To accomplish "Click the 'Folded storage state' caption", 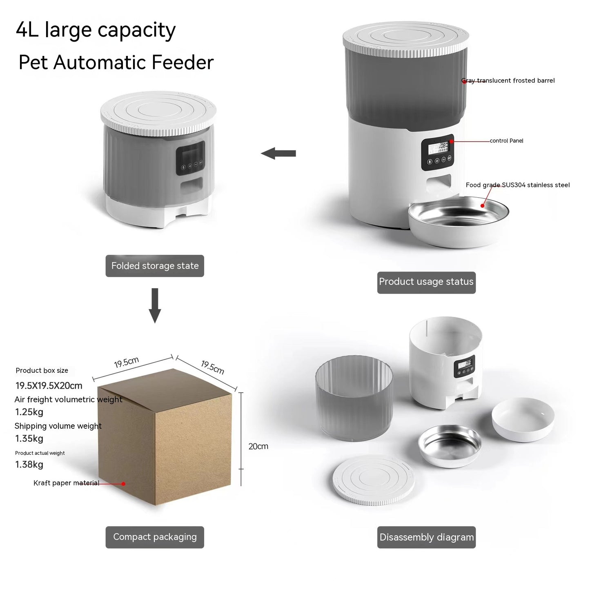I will (x=155, y=266).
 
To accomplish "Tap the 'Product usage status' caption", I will (x=426, y=282).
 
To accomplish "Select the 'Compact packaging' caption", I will (x=155, y=537).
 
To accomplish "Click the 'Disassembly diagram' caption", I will (x=426, y=537).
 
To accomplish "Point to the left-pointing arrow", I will (x=278, y=154).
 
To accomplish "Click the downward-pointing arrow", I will (x=155, y=305).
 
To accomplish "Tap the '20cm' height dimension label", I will (x=258, y=446).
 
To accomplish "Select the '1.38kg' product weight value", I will (x=29, y=465).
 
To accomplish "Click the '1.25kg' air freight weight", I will (x=29, y=412).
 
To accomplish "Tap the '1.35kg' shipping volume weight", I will (x=29, y=439).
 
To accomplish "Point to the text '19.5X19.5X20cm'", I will (x=49, y=385).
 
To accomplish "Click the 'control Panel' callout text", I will (x=506, y=141).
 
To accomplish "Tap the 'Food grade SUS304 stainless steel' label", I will (x=517, y=185).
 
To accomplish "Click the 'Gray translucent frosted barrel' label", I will (x=508, y=80).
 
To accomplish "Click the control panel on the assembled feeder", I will (x=438, y=152).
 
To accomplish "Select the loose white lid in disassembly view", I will (x=373, y=479).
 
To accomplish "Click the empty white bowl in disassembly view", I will (x=523, y=419).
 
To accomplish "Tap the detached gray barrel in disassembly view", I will (x=354, y=398).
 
